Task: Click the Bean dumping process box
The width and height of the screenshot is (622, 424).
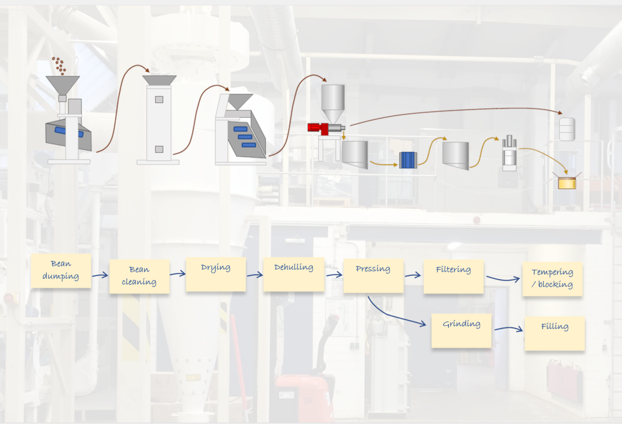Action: pos(61,271)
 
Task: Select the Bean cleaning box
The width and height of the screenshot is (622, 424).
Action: pos(139,276)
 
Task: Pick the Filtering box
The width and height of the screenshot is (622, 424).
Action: pos(454,276)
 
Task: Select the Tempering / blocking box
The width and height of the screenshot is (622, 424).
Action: pos(552,279)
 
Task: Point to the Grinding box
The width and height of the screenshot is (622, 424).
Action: pos(461,330)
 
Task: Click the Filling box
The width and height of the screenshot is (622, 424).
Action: pos(554,333)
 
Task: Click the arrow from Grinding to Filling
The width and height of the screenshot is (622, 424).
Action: pos(509,329)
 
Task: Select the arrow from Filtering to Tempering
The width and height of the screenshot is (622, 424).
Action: pos(503,279)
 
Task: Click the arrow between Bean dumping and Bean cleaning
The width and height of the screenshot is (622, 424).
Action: pos(100,275)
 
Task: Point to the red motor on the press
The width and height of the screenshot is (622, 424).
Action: pos(318,128)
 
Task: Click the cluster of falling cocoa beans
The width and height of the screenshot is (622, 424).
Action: pos(59,66)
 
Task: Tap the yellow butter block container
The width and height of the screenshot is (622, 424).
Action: pos(567,183)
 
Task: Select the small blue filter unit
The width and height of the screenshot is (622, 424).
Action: pos(408,160)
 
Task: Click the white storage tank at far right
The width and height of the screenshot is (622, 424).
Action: pos(567,129)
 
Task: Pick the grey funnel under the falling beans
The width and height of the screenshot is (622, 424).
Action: pos(63,84)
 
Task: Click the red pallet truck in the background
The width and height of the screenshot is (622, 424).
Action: pos(305,394)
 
